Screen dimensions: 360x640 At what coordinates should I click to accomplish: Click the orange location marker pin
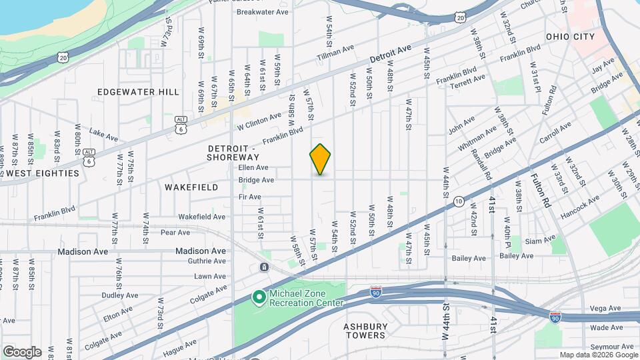pos(320,159)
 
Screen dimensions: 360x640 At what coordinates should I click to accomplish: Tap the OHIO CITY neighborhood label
pos(571,36)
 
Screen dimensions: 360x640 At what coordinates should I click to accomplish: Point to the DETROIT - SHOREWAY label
pos(231,152)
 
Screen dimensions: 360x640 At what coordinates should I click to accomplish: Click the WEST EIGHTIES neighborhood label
pos(43,173)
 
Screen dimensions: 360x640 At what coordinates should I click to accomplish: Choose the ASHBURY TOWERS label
pos(365,331)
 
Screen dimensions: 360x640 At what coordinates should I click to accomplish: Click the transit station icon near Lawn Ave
pos(265,267)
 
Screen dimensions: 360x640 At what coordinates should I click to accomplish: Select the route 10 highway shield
pos(458,201)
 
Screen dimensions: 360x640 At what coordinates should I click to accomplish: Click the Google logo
pos(22,351)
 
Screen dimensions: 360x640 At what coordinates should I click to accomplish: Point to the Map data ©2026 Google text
pos(598,355)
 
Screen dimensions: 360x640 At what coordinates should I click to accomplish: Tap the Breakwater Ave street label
pos(262,12)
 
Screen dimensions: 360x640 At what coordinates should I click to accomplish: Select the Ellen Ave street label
pos(253,167)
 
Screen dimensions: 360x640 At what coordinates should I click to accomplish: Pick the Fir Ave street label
pos(250,197)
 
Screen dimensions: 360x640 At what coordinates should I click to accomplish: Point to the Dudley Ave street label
pos(120,295)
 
